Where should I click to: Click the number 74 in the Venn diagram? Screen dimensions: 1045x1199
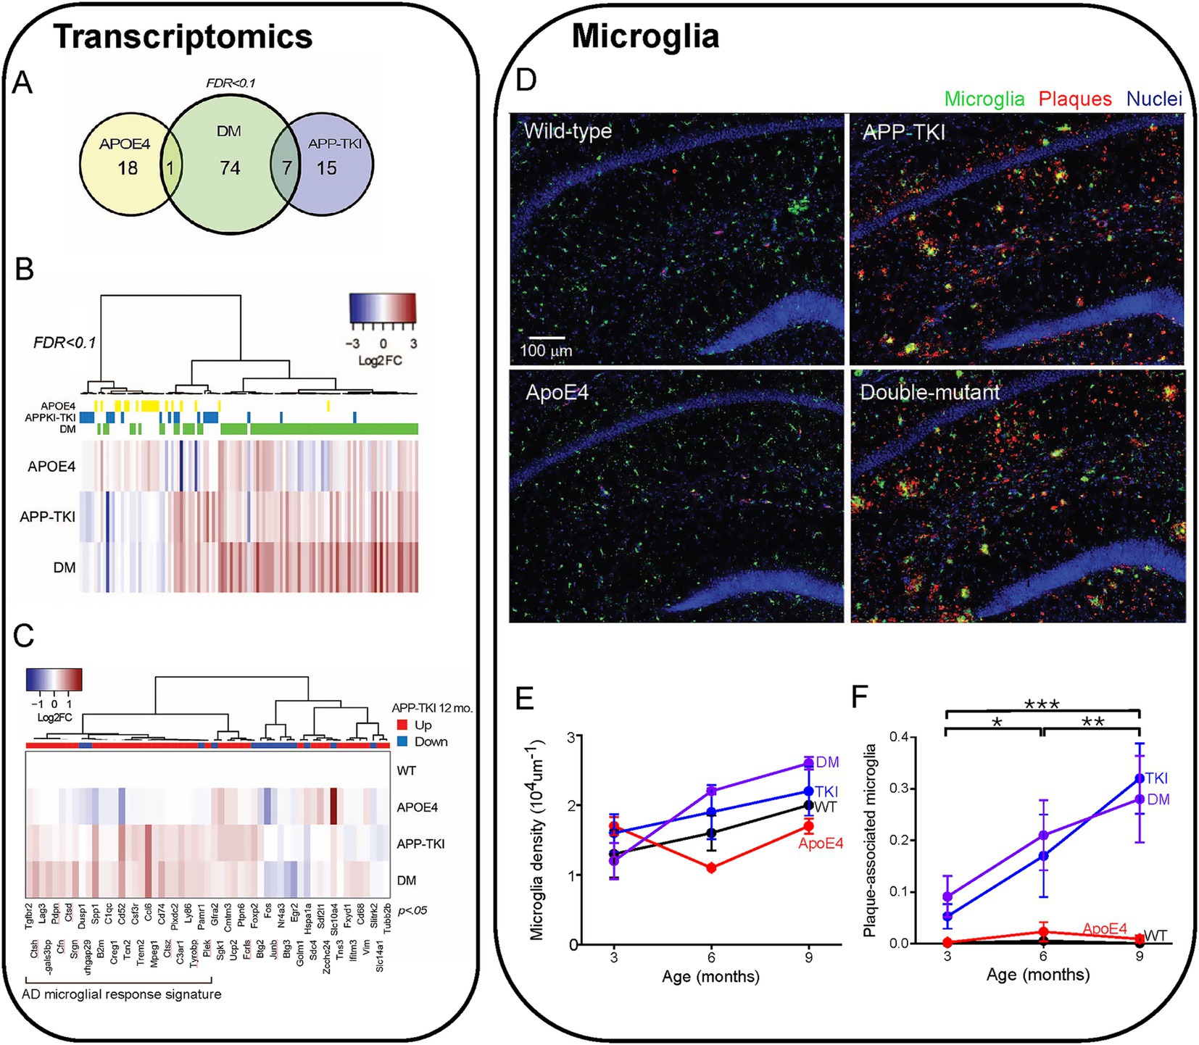(230, 168)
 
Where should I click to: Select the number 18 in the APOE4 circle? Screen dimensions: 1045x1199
(128, 168)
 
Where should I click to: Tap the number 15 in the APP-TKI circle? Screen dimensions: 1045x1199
(326, 168)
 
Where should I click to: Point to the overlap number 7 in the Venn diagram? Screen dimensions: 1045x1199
(286, 168)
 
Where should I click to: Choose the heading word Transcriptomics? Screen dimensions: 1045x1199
(183, 37)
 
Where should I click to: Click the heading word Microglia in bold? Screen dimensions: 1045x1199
(645, 36)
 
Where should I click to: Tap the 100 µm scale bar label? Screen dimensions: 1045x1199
(546, 351)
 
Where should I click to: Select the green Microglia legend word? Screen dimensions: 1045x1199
(984, 99)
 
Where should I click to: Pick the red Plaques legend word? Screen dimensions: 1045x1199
(1075, 99)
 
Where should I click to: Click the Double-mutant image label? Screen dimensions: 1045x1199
(929, 393)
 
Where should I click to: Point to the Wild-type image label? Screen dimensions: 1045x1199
(568, 131)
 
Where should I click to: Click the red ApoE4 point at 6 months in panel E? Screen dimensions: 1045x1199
(712, 867)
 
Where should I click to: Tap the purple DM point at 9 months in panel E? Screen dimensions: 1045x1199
(808, 763)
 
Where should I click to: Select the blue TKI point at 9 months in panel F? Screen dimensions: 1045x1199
(1140, 778)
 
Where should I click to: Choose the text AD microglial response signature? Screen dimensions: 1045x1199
(122, 994)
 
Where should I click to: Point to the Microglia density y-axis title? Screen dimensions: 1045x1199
(537, 841)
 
